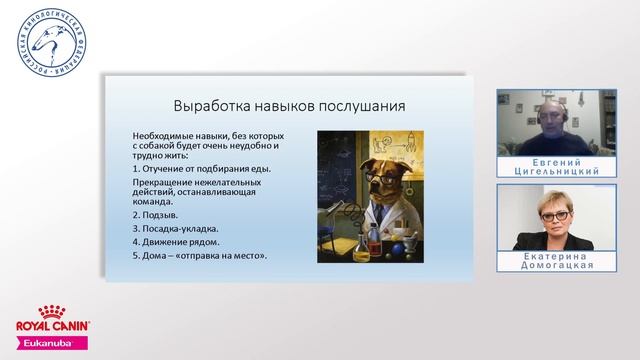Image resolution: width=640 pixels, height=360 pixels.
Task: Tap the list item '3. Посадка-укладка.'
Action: point(177,228)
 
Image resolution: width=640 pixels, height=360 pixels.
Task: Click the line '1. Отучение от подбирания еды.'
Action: point(187,168)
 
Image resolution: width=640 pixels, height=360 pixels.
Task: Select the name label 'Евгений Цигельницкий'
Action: point(541,164)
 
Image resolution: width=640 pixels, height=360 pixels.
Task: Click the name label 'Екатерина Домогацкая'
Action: point(541,260)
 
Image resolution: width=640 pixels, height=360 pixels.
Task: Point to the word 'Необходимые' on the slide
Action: point(161,135)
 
